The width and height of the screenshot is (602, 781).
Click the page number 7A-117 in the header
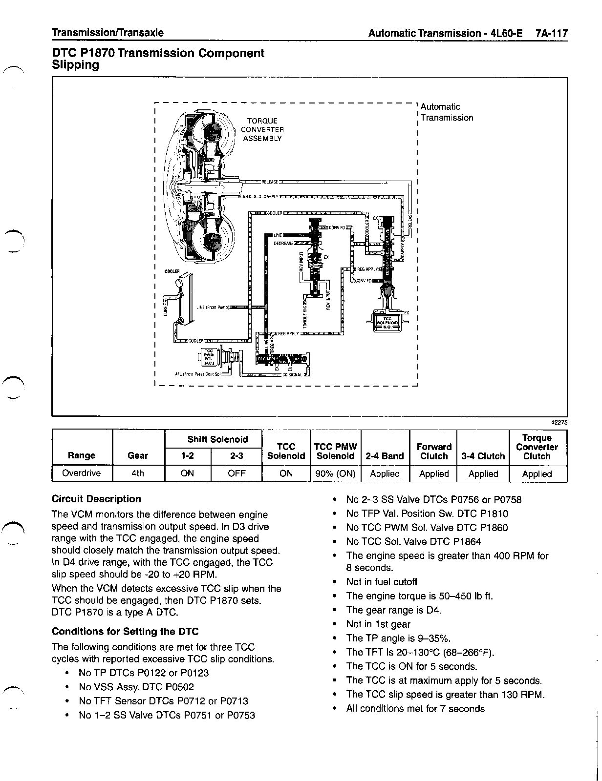click(551, 33)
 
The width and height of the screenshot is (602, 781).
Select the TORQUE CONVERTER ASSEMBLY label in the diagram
click(262, 129)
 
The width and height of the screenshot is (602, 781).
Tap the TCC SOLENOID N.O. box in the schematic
click(387, 322)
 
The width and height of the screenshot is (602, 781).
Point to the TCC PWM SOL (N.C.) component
click(209, 357)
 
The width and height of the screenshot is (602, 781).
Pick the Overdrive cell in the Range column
click(82, 473)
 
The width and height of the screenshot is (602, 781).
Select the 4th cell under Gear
click(138, 473)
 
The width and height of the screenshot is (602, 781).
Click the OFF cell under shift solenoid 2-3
click(236, 473)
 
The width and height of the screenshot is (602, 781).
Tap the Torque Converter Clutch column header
click(537, 447)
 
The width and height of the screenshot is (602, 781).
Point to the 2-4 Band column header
click(385, 456)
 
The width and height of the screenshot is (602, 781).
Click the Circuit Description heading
click(96, 499)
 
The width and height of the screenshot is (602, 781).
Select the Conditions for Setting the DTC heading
click(125, 632)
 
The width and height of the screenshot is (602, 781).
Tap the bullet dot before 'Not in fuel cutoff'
click(334, 582)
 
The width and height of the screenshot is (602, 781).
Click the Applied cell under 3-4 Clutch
click(483, 473)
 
